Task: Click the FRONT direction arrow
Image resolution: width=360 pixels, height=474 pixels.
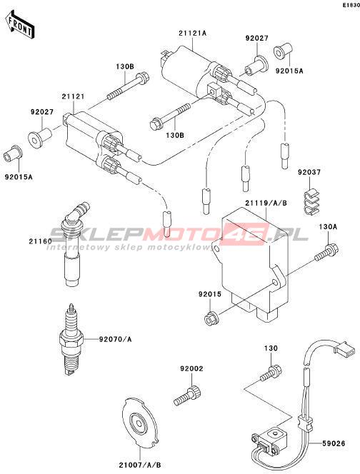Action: (x=20, y=24)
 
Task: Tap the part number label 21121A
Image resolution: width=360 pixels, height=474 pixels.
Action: (x=192, y=34)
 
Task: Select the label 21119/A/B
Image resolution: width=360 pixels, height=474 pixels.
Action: (x=266, y=203)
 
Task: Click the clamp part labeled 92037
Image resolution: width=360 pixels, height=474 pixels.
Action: (x=311, y=201)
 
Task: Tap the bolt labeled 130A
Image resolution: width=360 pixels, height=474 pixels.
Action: (x=326, y=252)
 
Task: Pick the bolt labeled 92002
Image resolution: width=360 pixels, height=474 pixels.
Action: (x=188, y=395)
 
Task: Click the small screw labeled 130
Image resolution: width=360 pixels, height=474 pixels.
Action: (x=271, y=373)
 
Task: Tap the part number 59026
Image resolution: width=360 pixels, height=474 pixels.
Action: (x=334, y=444)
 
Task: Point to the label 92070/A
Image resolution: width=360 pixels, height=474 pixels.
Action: (x=115, y=340)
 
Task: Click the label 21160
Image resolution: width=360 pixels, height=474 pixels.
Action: (x=40, y=241)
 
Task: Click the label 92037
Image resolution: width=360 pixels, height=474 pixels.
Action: (x=309, y=172)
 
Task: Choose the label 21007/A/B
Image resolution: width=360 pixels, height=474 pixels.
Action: (x=140, y=465)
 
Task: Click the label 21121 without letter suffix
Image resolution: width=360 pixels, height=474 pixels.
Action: (x=73, y=97)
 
